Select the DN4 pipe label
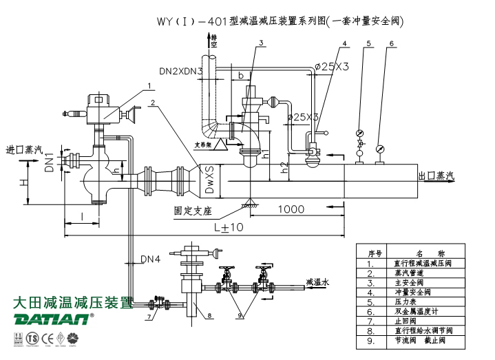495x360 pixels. point(150,260)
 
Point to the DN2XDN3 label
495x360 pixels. point(180,71)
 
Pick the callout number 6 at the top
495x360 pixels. point(392,44)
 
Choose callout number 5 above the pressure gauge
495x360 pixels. point(369,44)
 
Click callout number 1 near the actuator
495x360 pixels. point(149,86)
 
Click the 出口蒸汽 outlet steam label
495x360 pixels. point(436,176)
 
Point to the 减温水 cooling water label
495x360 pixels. point(317,282)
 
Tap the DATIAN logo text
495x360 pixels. point(52,319)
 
